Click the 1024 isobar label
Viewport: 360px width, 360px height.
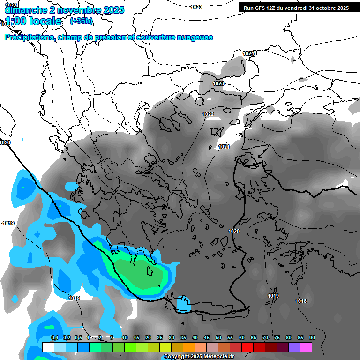click(x=248, y=54)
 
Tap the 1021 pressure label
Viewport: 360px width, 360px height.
click(x=224, y=147)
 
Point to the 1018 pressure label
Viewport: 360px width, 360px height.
click(x=301, y=301)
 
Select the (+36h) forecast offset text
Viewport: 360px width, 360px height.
click(x=81, y=21)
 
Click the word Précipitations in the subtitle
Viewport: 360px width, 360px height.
click(x=29, y=37)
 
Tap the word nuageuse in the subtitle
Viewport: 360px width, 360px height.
click(x=194, y=37)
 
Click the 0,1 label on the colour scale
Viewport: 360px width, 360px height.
click(x=54, y=337)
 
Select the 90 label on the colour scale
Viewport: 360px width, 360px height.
click(x=312, y=337)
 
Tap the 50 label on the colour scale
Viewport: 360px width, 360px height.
click(x=218, y=337)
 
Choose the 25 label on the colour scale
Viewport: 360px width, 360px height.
click(x=160, y=337)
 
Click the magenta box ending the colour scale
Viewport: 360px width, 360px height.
click(x=306, y=347)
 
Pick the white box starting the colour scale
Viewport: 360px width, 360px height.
click(x=48, y=347)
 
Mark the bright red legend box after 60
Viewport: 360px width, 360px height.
click(x=247, y=347)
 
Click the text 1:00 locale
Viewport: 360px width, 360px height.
click(x=33, y=21)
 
